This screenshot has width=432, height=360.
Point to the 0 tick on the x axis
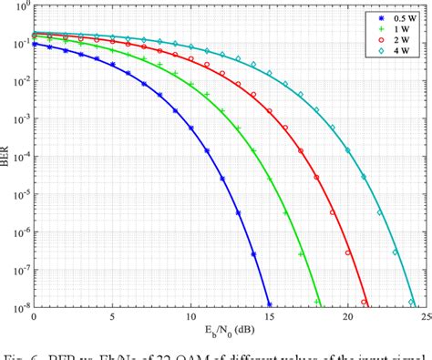[35, 314]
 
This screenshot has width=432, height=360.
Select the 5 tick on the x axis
[112, 314]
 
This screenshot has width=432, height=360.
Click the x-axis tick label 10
[190, 314]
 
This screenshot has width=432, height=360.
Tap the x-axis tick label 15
[269, 314]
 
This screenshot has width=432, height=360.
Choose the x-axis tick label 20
[347, 314]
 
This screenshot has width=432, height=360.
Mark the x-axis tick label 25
[424, 314]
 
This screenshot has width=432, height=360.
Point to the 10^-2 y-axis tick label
[19, 82]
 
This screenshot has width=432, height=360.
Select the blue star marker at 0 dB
[35, 43]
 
